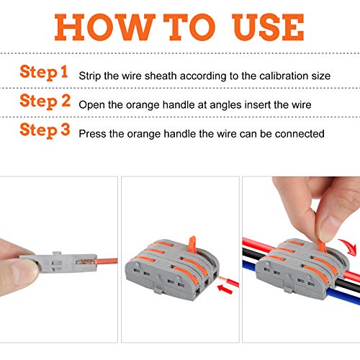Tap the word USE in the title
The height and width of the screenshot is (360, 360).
coord(268,27)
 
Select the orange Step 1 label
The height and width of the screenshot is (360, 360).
coord(44,72)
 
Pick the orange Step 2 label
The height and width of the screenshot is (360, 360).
coord(45,102)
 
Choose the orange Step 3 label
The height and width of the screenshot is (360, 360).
coord(45,130)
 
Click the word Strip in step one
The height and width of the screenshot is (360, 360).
coord(90,76)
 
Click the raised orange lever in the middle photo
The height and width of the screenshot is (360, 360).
coord(192,244)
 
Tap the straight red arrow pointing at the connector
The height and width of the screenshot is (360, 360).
coord(225,289)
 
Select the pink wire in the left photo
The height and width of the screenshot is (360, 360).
coord(107,261)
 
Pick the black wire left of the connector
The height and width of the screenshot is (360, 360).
coord(251,253)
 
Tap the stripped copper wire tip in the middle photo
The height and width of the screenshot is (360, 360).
coord(222,279)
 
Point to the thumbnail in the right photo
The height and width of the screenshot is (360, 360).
coord(328,228)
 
